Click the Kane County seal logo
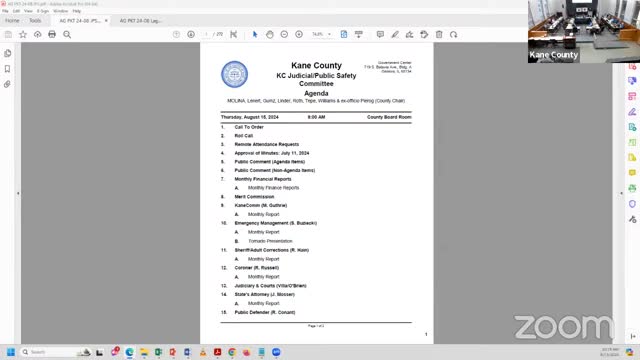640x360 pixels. coord(234,74)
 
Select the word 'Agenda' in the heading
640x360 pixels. coord(315,93)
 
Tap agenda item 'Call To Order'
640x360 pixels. coord(249,127)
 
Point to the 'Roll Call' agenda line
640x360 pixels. coord(244,136)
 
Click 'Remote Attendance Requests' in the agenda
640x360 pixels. coord(267,144)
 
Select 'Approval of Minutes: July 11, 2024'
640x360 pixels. coord(272,153)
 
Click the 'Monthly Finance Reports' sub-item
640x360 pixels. coord(273,188)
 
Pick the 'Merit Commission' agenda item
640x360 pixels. coord(254,196)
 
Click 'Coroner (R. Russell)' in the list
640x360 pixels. coord(258,268)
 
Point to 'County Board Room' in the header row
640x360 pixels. coord(389,117)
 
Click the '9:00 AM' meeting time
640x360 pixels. coord(316,117)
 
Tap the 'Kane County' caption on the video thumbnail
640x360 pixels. coord(553,55)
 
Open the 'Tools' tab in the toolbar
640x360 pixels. coord(36,20)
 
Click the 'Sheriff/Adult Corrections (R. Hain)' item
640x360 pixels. coord(273,250)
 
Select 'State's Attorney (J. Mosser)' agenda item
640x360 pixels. coord(265,294)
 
